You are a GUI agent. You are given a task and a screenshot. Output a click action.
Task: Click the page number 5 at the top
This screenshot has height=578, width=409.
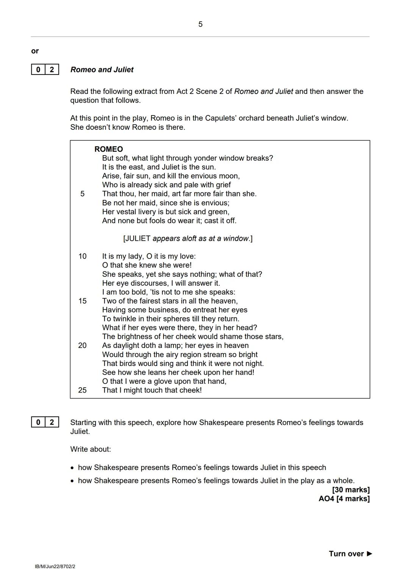200,24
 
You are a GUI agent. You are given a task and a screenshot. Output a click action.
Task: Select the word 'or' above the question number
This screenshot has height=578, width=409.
35,51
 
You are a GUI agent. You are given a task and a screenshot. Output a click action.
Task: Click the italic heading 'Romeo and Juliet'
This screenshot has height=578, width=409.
102,70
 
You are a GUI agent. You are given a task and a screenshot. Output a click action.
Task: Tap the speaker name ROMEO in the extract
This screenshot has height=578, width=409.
109,149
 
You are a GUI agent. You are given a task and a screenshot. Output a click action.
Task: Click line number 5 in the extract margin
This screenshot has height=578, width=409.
83,194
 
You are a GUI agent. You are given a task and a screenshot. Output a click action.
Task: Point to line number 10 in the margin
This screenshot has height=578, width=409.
83,256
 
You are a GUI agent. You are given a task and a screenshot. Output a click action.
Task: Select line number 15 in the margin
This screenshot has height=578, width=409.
83,301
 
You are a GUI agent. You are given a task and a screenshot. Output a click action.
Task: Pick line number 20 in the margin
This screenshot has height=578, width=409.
83,346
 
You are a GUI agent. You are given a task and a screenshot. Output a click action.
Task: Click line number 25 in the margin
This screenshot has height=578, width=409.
83,390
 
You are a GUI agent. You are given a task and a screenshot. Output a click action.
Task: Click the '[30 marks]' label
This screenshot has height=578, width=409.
351,490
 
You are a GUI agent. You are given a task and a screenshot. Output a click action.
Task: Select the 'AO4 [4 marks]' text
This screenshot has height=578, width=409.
344,499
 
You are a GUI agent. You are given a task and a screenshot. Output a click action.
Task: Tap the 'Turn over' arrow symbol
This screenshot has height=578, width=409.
370,554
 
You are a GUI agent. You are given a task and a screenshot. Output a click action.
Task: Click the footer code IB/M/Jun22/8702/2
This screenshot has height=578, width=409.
55,567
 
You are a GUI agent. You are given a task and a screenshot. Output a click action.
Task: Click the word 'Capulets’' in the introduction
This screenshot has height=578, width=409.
220,118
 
